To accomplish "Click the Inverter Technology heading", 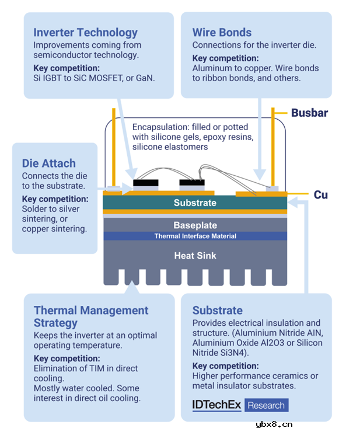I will point(85,33).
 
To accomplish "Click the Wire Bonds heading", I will point(222,33).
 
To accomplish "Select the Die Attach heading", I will point(49,163).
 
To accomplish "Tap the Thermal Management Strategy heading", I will point(91,316).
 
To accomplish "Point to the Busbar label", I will point(309,113).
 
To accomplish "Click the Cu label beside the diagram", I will point(320,194).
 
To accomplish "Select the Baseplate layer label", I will point(195,225).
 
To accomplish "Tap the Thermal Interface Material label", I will point(195,236).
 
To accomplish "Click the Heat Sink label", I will point(195,255).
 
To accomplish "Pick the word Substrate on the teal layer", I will point(195,203).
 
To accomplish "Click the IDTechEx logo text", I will point(216,405).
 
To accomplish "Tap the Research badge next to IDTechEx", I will point(266,405).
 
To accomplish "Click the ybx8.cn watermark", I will point(274,424).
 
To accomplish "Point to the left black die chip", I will point(146,183).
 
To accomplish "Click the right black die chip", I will point(192,183).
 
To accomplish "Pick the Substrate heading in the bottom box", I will point(218,310).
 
